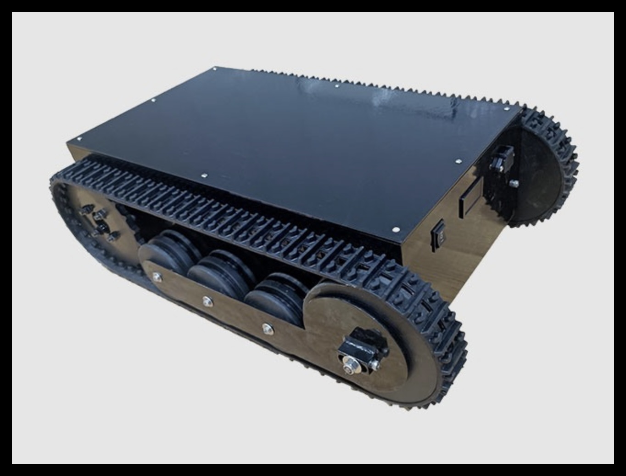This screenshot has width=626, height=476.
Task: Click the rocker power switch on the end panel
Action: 438,235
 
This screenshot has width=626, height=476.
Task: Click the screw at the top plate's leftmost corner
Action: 79,139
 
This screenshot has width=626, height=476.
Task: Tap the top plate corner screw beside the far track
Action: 506,109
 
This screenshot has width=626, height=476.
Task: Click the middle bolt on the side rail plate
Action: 207,301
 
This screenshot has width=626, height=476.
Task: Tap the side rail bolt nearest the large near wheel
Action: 268,328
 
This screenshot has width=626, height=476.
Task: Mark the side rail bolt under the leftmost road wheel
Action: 156,277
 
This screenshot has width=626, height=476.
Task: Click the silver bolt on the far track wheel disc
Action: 514,183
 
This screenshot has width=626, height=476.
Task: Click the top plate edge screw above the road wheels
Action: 204,176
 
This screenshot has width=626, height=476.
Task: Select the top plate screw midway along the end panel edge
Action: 458,162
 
